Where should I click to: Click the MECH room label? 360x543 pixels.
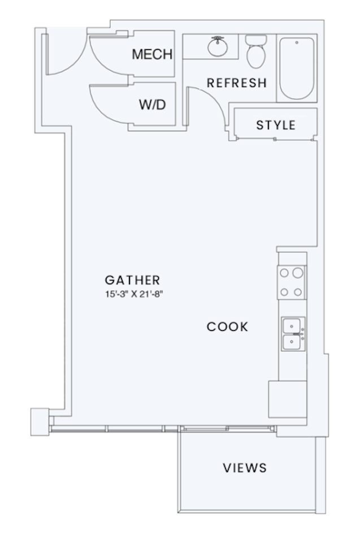point(151,54)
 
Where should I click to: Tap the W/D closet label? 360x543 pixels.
point(152,105)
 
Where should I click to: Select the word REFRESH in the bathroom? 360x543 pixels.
point(236,83)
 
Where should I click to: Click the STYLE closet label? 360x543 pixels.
point(276,125)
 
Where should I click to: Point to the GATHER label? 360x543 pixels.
point(133,280)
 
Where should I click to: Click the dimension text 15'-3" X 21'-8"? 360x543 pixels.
point(133,294)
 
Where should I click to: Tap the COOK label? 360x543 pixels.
point(227,327)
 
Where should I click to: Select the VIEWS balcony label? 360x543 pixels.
point(244,468)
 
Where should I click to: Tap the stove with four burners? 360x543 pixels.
point(291,282)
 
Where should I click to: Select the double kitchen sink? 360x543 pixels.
point(292,334)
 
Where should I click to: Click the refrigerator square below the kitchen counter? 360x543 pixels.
point(287,399)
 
